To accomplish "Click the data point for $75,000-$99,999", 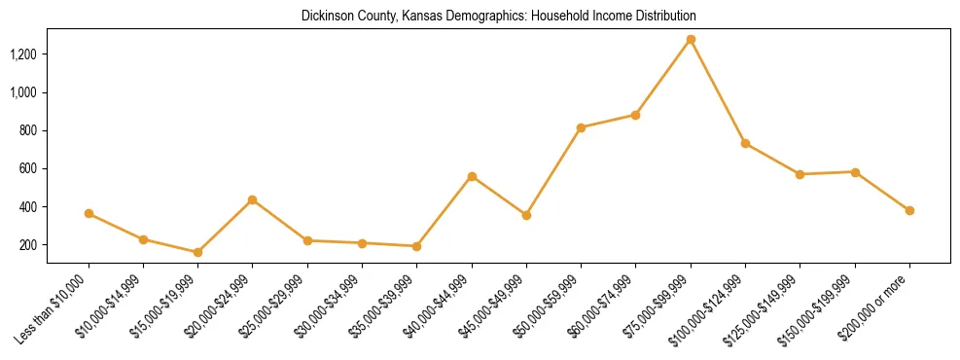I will coord(691,40).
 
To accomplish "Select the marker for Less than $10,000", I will coord(89,213).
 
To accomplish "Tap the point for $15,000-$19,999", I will coord(198,252).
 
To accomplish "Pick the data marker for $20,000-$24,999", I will coord(253,200).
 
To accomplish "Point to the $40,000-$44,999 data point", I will coord(472,176).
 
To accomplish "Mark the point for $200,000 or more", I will coord(909,210).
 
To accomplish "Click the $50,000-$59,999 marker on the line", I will coord(581,127).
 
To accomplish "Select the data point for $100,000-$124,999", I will coord(745,143).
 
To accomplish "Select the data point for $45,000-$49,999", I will coord(526,215).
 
